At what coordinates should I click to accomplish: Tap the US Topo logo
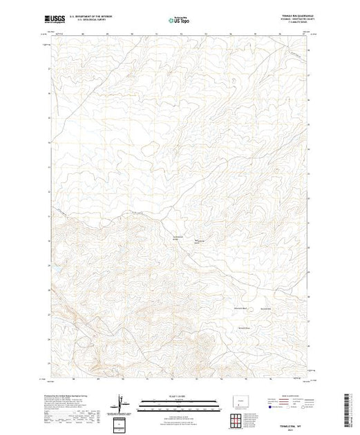coord(180,21)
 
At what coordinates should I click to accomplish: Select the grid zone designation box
coord(122,423)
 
